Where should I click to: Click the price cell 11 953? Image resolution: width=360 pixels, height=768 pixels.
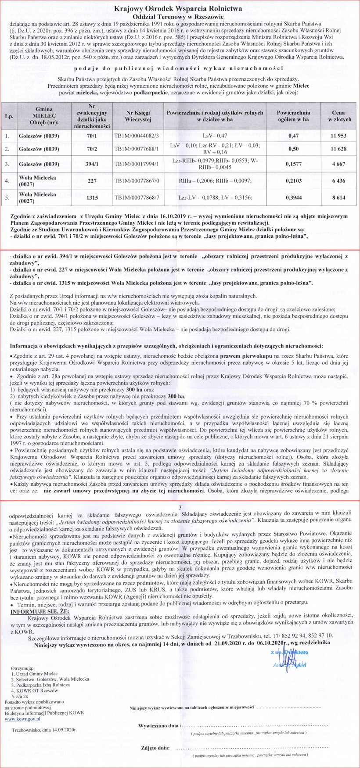click(x=339, y=136)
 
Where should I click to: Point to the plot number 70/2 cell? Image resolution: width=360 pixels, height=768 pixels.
click(x=92, y=149)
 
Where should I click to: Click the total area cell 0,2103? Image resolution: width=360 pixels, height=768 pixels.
click(x=293, y=180)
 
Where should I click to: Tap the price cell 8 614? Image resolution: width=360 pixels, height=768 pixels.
click(x=339, y=197)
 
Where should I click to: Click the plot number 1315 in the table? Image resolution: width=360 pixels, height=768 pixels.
click(x=92, y=197)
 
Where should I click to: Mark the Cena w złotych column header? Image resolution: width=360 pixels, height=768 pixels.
click(x=339, y=116)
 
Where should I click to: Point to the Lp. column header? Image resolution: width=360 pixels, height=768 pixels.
click(x=9, y=116)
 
